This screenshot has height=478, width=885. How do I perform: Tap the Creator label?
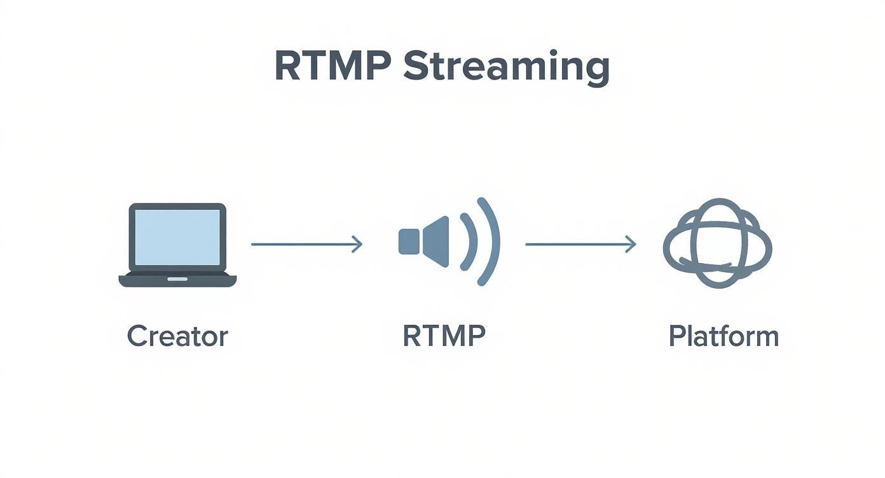[x=177, y=336]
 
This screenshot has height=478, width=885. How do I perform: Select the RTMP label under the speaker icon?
[x=444, y=336]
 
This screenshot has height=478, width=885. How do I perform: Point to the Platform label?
[x=724, y=336]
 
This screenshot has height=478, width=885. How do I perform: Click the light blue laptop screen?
[x=177, y=237]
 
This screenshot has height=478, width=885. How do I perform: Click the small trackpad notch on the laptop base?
[x=177, y=278]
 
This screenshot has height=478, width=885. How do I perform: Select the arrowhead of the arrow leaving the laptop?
[x=358, y=244]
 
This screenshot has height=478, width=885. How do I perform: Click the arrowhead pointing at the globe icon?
[x=631, y=244]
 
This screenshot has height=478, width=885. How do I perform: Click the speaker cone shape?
[x=437, y=242]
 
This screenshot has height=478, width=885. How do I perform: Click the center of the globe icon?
[x=717, y=243]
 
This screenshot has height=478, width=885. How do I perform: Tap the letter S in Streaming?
[x=417, y=67]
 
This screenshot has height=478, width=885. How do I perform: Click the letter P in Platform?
[x=675, y=336]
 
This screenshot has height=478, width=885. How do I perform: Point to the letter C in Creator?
[x=135, y=336]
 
